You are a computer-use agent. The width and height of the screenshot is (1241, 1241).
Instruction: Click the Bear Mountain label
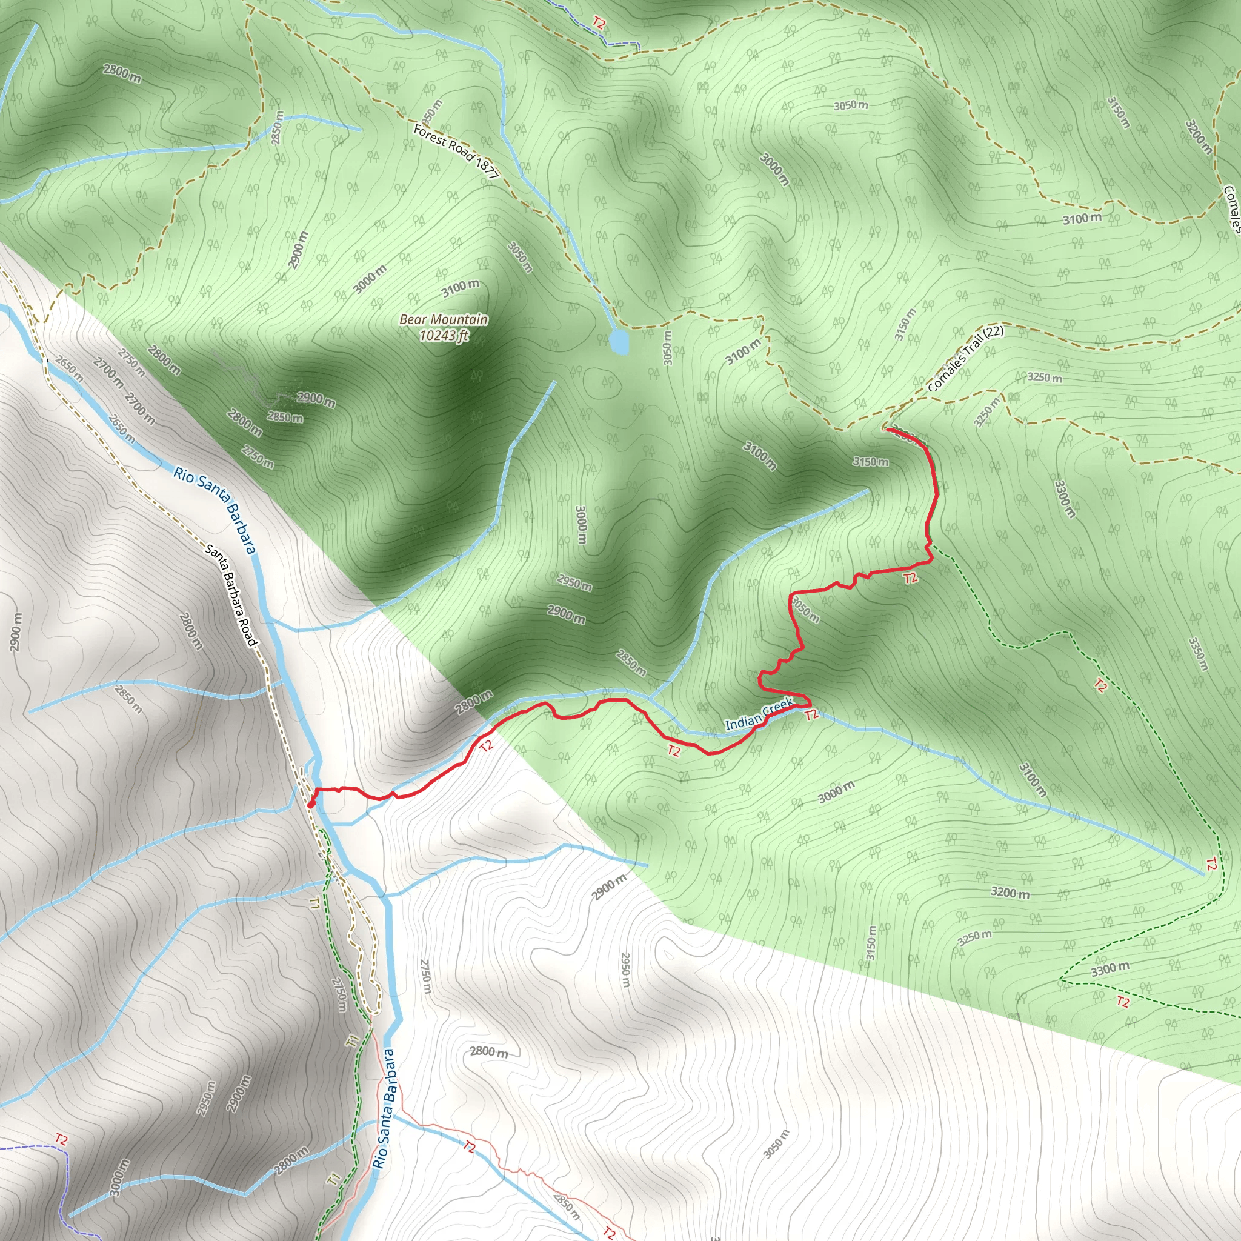coord(443,319)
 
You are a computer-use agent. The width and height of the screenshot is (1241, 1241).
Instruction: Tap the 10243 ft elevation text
coord(444,335)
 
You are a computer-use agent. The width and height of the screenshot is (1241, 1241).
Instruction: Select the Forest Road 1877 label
coord(456,151)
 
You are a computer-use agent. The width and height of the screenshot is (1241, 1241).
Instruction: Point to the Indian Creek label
coord(759,715)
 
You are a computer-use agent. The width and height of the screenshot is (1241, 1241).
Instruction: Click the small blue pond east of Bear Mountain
coord(619,342)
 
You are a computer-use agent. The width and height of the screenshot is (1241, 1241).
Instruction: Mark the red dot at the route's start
coord(311,804)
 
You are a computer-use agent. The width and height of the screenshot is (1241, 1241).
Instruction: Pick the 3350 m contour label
coord(1198,653)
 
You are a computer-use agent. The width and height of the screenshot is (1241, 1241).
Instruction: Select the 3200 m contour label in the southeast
coord(1010,892)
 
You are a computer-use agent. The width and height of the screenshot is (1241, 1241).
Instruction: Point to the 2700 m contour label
coord(108,373)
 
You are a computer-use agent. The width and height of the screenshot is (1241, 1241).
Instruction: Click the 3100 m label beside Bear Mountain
coord(460,288)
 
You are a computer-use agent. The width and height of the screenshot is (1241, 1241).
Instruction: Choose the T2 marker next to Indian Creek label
coord(811,714)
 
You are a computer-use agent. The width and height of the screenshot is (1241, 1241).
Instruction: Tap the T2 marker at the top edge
coord(599,24)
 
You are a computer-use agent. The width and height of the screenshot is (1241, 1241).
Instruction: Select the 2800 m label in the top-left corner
coord(122,73)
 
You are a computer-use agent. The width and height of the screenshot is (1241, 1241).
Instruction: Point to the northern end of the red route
coord(887,428)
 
